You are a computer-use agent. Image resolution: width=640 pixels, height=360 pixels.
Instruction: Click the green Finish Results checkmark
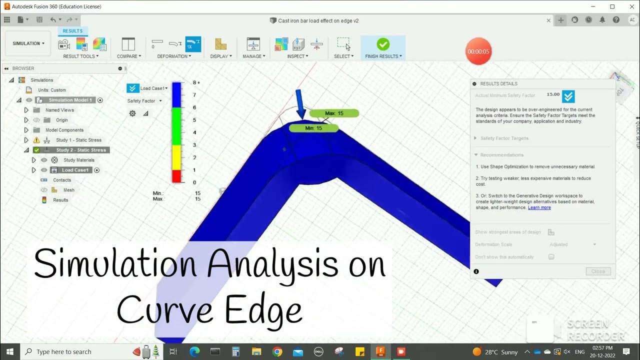(x=383, y=44)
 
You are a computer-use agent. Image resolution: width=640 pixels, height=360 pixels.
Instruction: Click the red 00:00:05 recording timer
(x=478, y=51)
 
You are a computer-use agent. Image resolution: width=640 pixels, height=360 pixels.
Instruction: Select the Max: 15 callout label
(x=334, y=113)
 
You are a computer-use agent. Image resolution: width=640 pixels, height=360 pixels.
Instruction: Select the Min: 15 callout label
(x=313, y=128)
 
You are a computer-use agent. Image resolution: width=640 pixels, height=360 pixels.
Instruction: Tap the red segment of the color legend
(x=176, y=176)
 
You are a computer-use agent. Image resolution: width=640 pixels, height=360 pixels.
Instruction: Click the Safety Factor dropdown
(x=144, y=101)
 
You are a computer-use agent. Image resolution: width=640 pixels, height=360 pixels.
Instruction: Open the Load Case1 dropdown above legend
(x=153, y=88)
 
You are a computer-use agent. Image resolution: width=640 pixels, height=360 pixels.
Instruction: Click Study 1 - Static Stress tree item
(x=78, y=140)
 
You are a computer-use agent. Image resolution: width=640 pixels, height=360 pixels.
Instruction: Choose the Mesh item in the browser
(x=68, y=190)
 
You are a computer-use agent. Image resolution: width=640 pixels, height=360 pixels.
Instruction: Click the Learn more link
(x=539, y=207)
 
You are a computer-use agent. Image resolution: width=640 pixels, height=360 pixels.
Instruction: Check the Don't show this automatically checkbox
(x=551, y=257)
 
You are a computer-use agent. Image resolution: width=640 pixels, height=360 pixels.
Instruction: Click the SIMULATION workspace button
(x=28, y=43)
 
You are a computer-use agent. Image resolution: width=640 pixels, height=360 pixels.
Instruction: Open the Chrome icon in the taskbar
(x=277, y=352)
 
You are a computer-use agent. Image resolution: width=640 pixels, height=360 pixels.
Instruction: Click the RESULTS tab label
(x=72, y=31)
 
